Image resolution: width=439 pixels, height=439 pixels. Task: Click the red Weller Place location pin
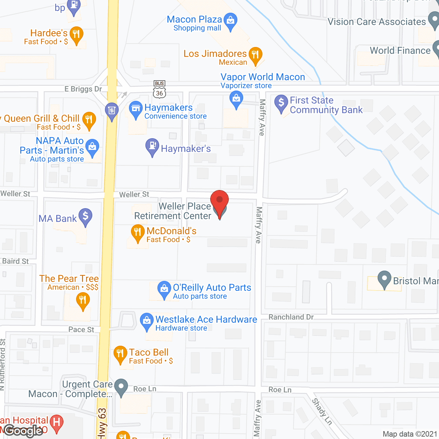219,200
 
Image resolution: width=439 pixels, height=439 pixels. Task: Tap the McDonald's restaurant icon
138,232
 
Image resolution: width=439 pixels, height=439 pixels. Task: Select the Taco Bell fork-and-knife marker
120,353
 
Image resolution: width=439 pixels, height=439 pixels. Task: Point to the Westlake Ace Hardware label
206,320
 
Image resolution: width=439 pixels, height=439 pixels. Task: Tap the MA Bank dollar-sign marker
85,216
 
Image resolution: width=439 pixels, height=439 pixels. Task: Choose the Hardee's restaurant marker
76,34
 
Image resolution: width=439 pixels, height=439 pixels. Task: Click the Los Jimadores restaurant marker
255,55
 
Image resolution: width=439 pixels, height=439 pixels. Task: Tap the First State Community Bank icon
281,102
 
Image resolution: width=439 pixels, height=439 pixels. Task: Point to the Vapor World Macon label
263,77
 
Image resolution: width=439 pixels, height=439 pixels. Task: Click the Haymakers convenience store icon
136,109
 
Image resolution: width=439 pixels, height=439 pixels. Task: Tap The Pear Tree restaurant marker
83,300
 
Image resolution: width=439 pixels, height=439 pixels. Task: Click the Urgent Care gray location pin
121,386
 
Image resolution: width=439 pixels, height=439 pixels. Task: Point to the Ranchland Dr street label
291,317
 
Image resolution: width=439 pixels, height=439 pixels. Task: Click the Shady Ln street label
322,412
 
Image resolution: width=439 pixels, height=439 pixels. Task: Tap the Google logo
23,431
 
